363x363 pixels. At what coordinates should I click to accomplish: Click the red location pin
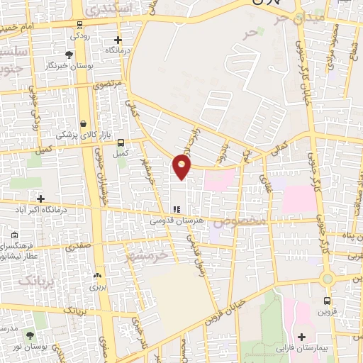tap(182, 166)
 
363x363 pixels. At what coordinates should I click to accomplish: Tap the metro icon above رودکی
tap(77, 22)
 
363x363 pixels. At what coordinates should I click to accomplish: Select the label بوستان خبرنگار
tap(68, 65)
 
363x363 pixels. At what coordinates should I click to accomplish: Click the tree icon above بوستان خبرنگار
tap(68, 54)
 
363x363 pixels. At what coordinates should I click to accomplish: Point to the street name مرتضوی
tap(108, 84)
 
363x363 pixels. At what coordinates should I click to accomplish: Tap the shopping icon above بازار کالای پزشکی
tap(84, 123)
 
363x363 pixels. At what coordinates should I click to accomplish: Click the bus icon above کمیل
tap(121, 142)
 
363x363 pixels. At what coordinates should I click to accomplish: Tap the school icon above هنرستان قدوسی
tap(177, 210)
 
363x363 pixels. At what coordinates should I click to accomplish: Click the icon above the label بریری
tap(96, 276)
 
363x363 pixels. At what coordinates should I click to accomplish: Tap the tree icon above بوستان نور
tap(30, 335)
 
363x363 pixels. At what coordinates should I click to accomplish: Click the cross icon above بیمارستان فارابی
tap(303, 335)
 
